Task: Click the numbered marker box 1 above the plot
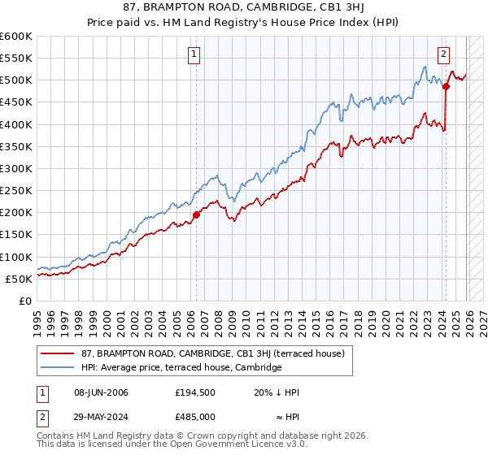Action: [195, 55]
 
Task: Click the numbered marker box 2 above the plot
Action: [444, 55]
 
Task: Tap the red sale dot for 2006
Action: [196, 215]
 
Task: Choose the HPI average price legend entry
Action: [181, 368]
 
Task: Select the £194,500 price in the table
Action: [195, 392]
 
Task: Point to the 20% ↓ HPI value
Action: [277, 392]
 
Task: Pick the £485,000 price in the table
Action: [195, 415]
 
